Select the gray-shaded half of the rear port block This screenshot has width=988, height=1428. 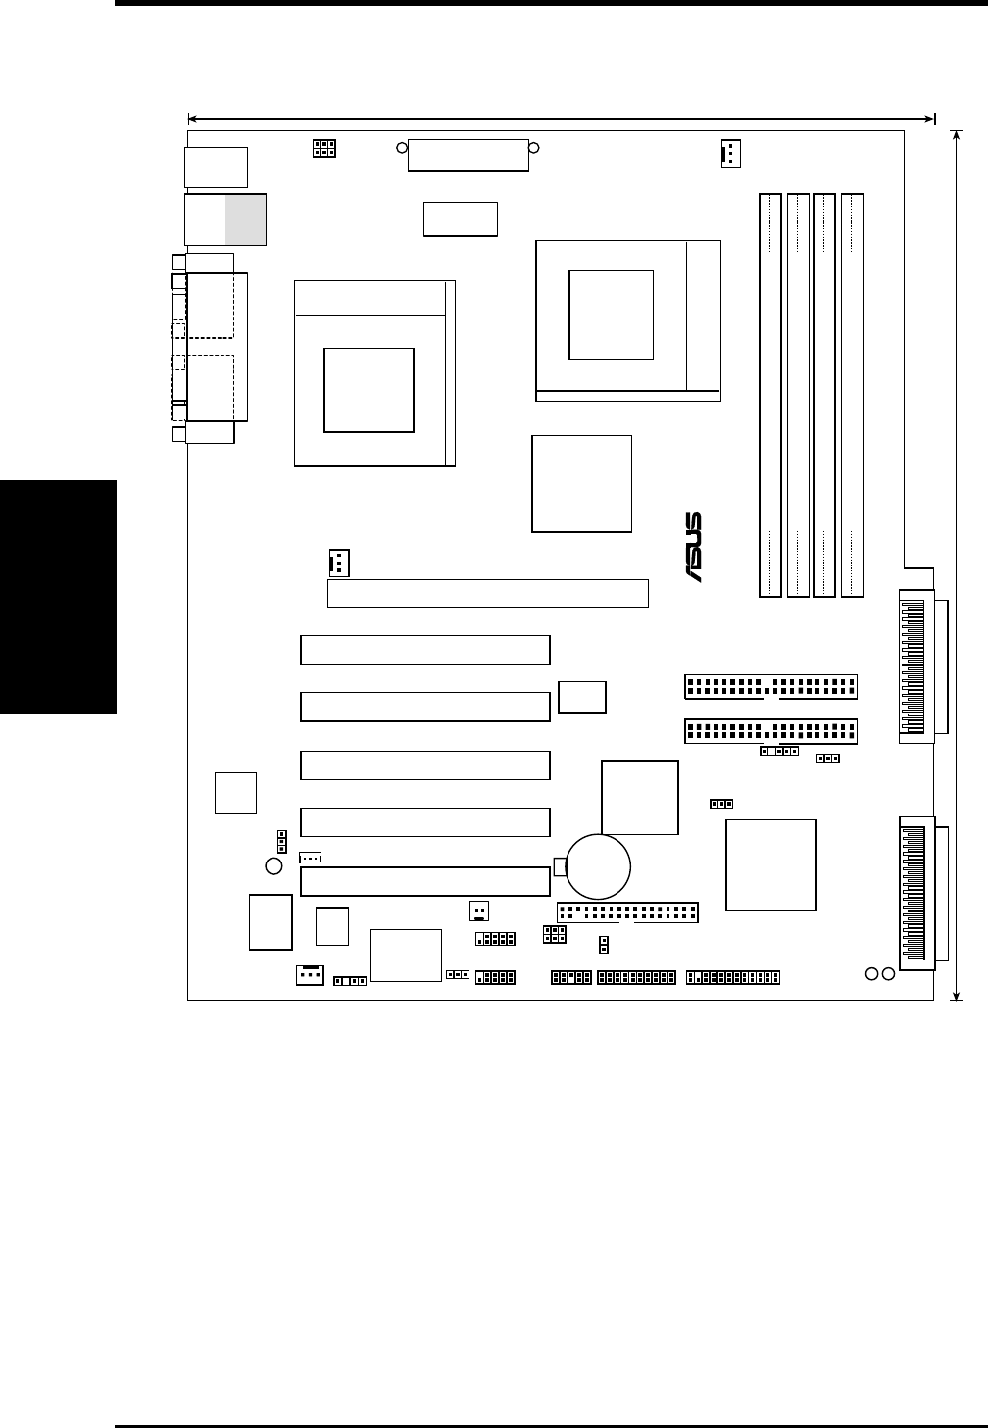click(x=245, y=219)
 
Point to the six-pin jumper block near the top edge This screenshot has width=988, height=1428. click(x=323, y=149)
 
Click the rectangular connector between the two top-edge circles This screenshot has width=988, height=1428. click(x=468, y=155)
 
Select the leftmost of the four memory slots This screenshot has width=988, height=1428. click(x=769, y=395)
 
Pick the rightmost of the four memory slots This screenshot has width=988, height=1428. click(x=853, y=395)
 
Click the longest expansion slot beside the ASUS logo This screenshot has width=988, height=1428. click(x=487, y=593)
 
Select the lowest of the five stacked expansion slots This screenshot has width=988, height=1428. click(x=424, y=881)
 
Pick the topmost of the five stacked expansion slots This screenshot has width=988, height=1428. click(x=424, y=650)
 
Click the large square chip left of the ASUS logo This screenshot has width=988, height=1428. click(x=581, y=484)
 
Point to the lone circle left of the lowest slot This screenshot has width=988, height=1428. click(x=274, y=865)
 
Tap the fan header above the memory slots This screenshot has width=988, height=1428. click(x=730, y=153)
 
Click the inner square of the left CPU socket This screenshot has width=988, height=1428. click(x=369, y=389)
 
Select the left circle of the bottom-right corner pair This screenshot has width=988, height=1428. click(x=871, y=973)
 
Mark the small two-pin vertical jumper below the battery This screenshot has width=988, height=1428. click(x=603, y=944)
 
